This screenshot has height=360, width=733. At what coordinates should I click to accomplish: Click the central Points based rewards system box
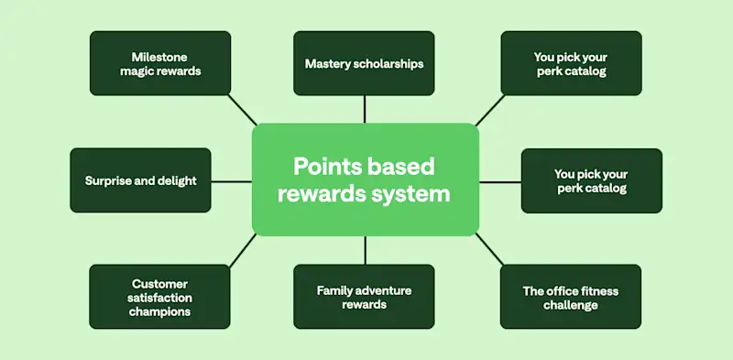[365, 180]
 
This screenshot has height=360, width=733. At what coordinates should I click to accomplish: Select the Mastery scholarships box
[365, 63]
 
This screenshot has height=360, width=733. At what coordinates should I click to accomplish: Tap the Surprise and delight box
[140, 180]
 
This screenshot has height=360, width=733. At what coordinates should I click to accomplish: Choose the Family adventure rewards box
[365, 297]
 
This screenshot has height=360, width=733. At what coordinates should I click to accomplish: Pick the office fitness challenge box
[570, 297]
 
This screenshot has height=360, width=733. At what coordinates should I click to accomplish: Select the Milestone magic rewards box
[159, 63]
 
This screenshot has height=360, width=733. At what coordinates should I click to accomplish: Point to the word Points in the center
[326, 167]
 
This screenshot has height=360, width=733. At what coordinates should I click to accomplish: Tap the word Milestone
[160, 56]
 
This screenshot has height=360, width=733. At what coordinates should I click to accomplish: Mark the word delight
[177, 180]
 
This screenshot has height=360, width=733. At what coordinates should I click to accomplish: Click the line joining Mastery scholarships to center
[365, 109]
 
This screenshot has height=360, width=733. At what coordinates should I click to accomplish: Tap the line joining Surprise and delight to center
[232, 181]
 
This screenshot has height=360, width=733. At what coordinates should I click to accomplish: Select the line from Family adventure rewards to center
[365, 250]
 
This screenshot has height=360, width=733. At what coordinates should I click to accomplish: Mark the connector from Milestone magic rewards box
[242, 110]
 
